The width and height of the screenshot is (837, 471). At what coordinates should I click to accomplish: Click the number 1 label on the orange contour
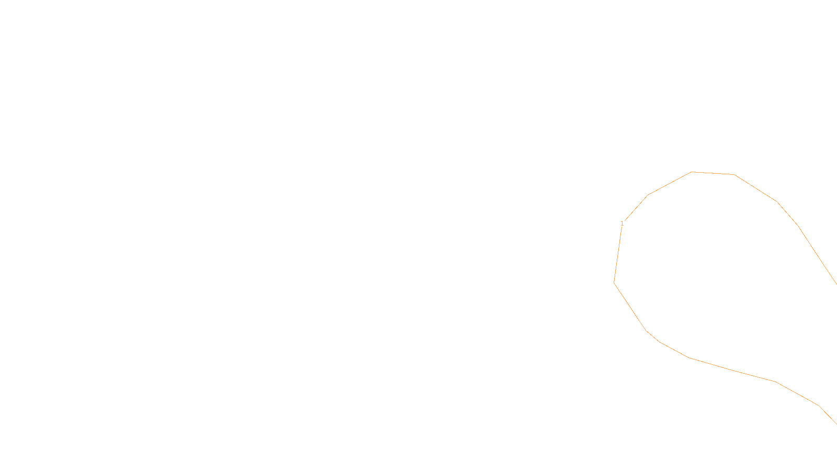coord(622,223)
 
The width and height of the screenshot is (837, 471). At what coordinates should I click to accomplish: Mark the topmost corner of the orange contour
coord(692,172)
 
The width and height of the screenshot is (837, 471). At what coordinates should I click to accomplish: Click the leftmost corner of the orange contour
coord(614,283)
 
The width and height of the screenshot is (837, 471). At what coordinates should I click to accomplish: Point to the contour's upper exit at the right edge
coord(836,284)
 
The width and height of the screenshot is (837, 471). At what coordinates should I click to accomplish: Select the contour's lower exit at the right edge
coord(836,423)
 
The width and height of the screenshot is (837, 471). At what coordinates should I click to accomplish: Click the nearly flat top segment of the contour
coord(713,173)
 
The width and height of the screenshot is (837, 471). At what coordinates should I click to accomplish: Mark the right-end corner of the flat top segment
coord(734,175)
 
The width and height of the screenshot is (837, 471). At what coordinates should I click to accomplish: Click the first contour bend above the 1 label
coord(648,195)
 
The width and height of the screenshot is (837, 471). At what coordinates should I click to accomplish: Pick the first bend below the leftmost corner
coord(647,330)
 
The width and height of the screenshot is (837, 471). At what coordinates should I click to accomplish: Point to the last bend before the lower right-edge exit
coord(819,406)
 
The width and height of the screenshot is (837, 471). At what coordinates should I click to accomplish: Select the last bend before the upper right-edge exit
coord(797,225)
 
